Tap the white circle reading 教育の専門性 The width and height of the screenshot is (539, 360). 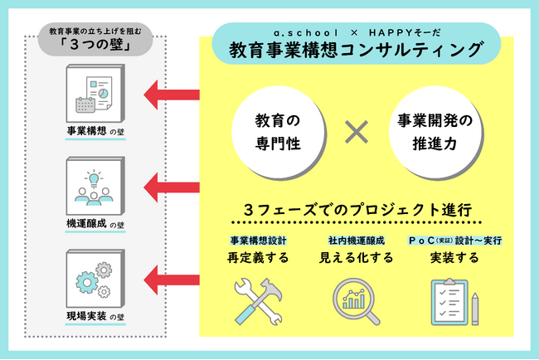click(x=277, y=130)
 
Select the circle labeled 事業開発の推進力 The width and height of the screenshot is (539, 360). click(x=435, y=130)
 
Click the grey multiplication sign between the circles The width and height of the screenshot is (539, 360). click(x=356, y=130)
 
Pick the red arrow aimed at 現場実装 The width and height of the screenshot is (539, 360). click(x=171, y=275)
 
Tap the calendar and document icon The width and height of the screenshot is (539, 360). click(x=95, y=98)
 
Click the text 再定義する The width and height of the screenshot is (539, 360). click(x=256, y=258)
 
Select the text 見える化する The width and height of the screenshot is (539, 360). click(x=356, y=258)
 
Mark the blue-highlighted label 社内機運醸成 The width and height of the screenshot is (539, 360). click(x=356, y=241)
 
